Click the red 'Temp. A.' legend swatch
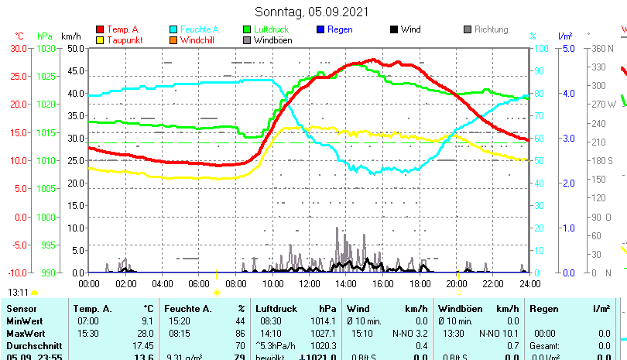[100, 29]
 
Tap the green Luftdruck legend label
[272, 29]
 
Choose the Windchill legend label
[198, 40]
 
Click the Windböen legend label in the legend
[272, 40]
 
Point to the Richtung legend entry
[491, 29]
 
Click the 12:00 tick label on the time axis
[310, 283]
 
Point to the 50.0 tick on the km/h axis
[75, 48]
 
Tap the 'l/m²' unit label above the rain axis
[564, 36]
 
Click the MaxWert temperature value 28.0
[146, 333]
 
